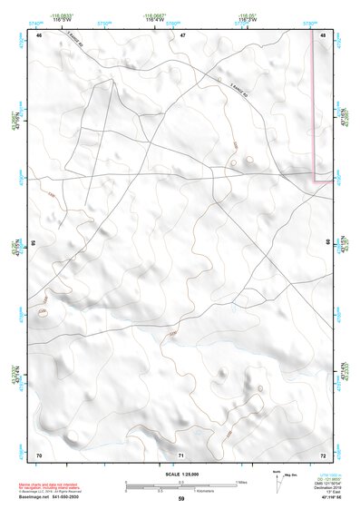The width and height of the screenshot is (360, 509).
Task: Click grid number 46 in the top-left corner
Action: [x=39, y=34]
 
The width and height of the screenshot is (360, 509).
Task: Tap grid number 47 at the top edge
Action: [x=182, y=34]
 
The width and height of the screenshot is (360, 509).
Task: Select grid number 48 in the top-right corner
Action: [x=323, y=34]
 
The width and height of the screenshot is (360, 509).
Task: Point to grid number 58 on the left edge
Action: [x=34, y=243]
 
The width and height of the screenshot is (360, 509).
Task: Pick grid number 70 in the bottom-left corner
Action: [x=39, y=454]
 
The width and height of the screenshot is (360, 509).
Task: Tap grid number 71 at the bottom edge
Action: [x=181, y=454]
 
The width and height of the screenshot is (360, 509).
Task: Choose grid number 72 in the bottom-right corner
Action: [x=323, y=454]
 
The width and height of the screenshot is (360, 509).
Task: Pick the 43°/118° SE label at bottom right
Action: [x=325, y=499]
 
